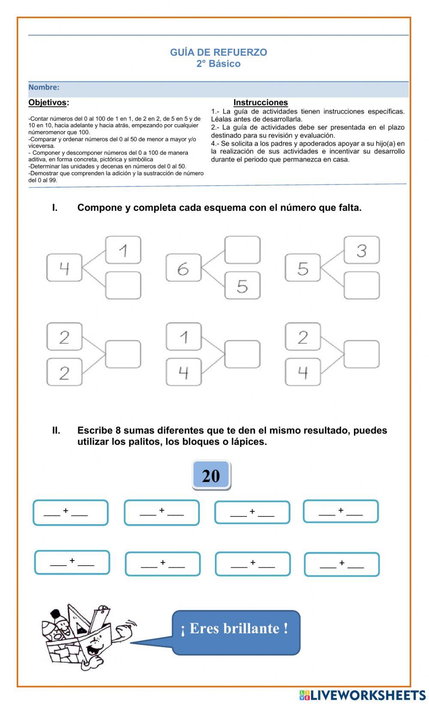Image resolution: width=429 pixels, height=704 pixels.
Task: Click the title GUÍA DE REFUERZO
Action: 218,52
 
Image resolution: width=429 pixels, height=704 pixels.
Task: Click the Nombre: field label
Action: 44,87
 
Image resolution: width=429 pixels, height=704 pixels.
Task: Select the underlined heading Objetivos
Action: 48,102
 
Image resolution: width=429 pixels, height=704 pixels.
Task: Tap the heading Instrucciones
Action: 260,102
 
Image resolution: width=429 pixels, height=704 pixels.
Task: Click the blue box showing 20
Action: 211,475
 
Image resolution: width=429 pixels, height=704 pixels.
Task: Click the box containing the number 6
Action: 183,268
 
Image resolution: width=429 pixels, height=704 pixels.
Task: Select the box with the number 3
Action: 362,250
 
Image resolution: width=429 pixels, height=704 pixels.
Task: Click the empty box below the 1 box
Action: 123,285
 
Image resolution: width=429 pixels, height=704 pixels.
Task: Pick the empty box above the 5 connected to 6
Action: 242,250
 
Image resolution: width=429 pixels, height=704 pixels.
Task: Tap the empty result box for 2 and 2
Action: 123,354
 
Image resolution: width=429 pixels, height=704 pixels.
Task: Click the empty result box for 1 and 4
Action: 242,354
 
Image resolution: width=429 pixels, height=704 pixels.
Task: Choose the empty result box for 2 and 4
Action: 362,354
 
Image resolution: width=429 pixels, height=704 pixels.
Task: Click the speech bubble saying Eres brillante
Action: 236,632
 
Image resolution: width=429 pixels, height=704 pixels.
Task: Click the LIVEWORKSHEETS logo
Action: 363,695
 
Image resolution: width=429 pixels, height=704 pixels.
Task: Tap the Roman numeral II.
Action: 56,431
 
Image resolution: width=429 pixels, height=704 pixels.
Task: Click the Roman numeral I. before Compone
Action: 55,208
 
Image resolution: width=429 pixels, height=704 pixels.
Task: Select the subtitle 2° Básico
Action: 218,64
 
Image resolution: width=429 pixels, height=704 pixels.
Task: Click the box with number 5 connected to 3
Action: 303,268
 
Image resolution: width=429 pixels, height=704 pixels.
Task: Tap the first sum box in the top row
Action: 70,512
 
